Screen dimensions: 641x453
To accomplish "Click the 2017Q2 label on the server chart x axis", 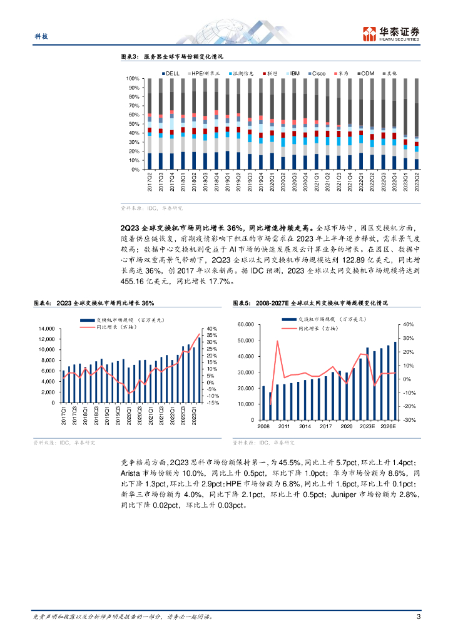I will click(150, 182).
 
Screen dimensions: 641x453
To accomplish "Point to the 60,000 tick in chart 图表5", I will click(244, 324).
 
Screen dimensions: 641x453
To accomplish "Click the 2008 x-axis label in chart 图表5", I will click(263, 426).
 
